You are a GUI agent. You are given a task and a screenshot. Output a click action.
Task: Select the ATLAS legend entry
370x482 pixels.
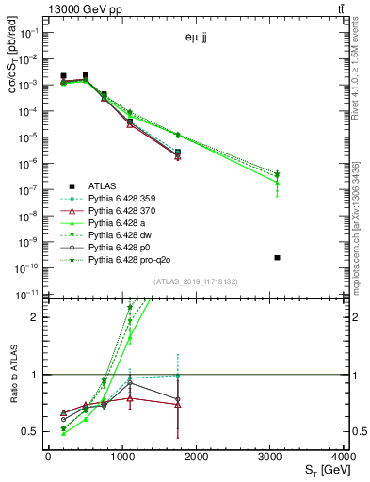click(102, 185)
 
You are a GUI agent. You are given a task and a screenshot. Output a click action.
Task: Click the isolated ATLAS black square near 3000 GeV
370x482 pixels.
click(277, 257)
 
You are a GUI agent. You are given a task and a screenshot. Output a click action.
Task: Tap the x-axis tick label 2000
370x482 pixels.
click(197, 456)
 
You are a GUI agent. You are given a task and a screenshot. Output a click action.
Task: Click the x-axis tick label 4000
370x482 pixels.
click(346, 456)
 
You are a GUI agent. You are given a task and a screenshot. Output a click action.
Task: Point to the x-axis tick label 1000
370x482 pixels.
click(122, 456)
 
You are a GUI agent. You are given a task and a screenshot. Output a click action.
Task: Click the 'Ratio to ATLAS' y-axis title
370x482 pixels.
click(12, 375)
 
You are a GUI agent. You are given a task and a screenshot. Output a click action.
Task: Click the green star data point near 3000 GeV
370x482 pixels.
click(277, 174)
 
